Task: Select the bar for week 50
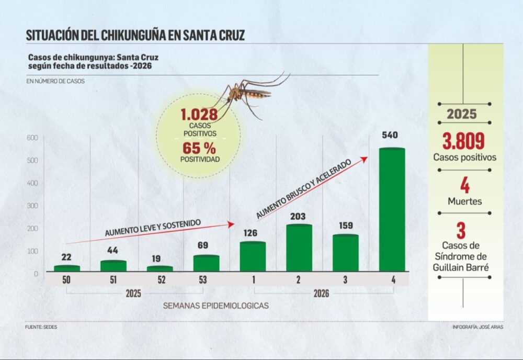point(67,268)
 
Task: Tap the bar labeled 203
point(299,248)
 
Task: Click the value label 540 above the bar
point(390,136)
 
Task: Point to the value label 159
point(345,228)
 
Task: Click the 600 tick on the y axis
point(32,138)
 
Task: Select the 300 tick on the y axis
point(32,206)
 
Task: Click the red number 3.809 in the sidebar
point(463,141)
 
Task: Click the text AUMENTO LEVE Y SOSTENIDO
point(153,228)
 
